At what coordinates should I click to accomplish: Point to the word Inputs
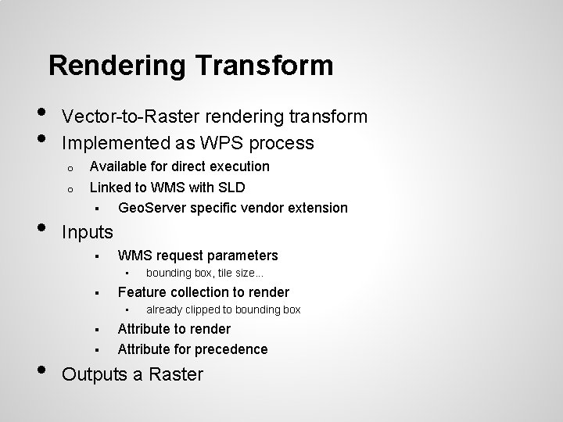pos(87,232)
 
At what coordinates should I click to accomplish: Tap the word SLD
pos(232,188)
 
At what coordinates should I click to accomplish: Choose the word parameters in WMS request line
pos(241,256)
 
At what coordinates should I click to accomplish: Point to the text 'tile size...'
pos(238,273)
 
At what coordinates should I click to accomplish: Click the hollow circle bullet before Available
pos(70,167)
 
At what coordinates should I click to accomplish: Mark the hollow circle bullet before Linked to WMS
pos(70,188)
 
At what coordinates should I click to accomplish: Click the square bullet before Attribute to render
pos(93,330)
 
